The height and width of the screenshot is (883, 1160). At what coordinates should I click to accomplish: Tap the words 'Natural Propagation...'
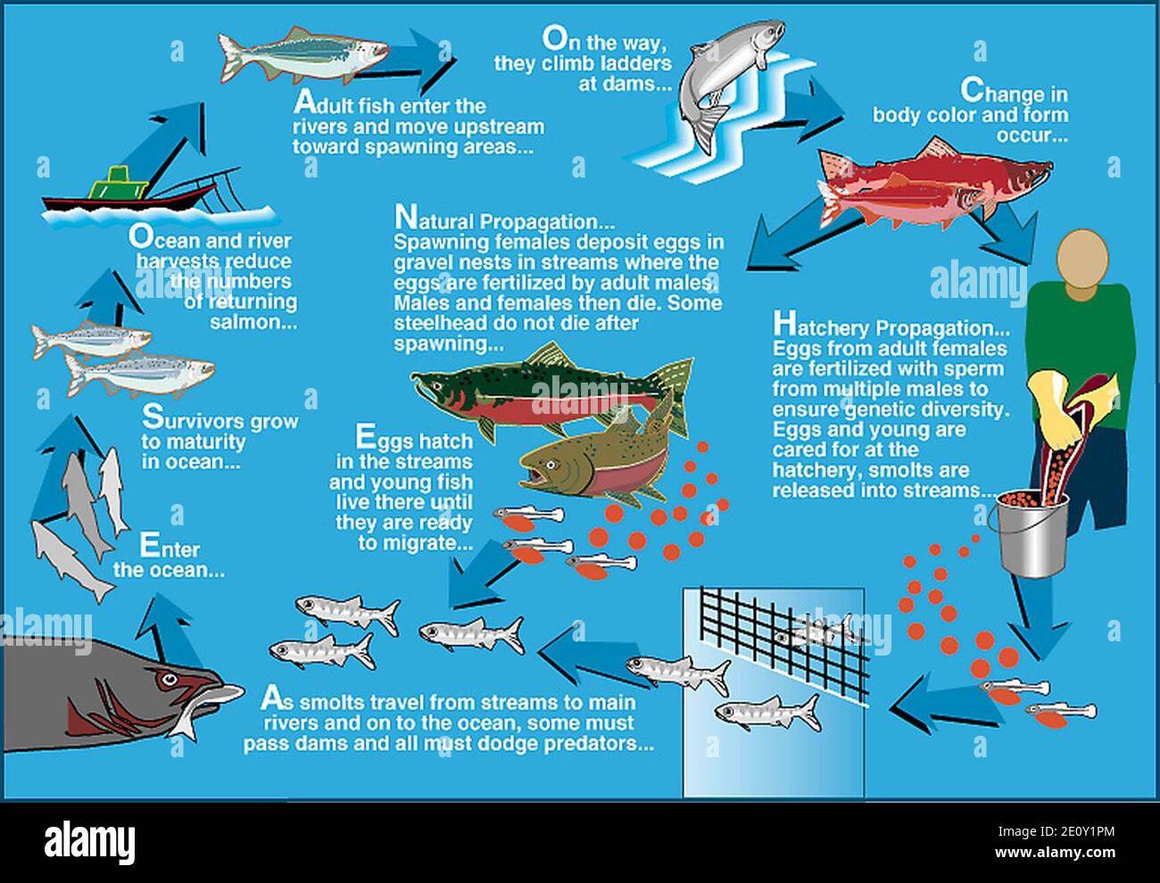(x=504, y=219)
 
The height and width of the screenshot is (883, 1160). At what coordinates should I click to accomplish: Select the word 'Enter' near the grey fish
(x=169, y=548)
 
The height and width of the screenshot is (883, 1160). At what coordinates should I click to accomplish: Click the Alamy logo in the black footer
(x=89, y=841)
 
